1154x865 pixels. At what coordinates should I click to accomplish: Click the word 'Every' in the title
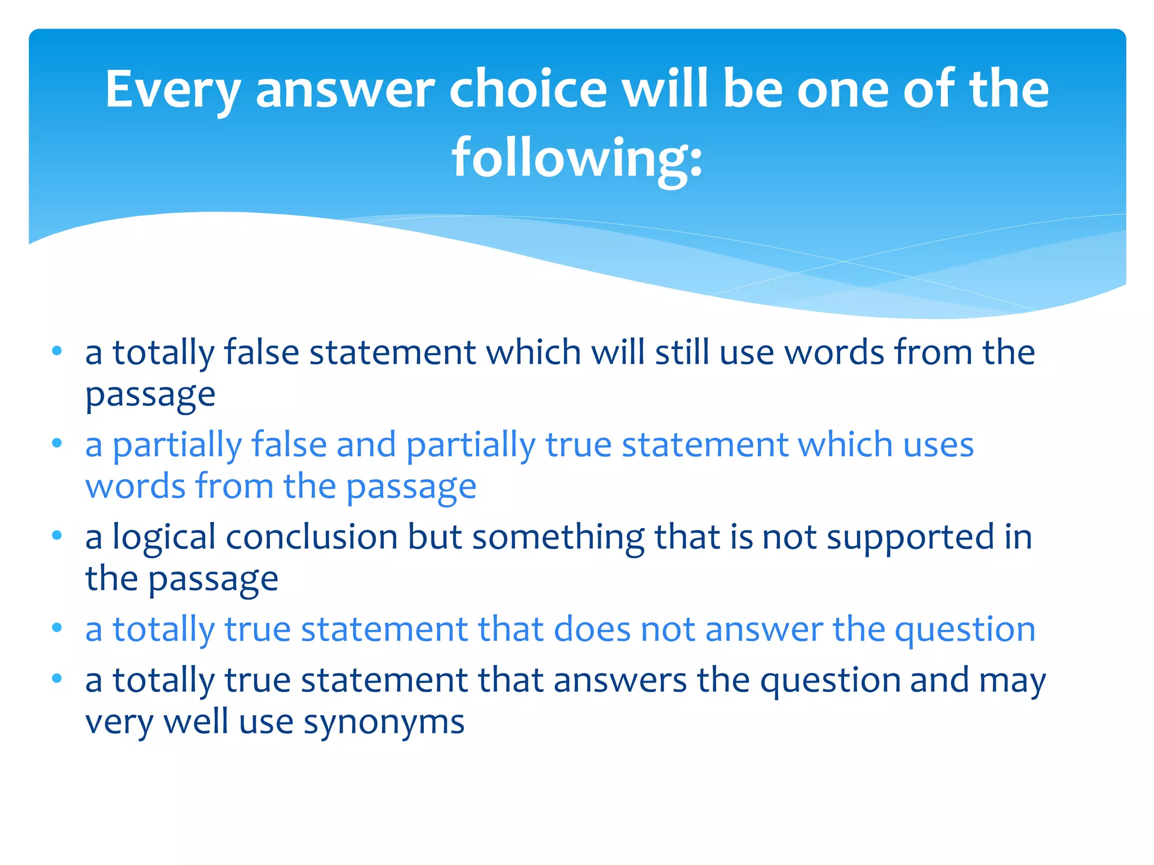[172, 90]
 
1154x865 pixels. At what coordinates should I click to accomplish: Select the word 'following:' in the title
[577, 158]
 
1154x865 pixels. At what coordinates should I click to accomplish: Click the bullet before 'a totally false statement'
[56, 351]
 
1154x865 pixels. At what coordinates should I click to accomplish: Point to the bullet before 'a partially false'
[56, 443]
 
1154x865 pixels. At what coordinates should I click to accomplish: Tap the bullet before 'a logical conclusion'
[56, 536]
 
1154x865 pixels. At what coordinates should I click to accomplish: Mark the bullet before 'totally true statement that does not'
[56, 628]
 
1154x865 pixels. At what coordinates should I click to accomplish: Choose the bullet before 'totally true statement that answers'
[56, 679]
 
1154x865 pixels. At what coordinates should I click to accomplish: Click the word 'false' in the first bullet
[261, 353]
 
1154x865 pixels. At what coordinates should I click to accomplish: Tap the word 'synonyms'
[384, 723]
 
